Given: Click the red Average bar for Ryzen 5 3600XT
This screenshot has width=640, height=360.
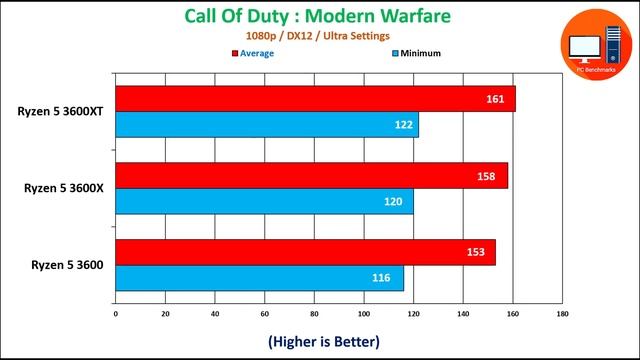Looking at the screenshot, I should [315, 99].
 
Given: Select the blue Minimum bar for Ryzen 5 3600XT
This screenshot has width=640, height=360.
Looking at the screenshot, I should [267, 125].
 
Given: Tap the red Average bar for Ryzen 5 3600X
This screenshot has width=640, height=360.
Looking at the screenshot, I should [311, 176].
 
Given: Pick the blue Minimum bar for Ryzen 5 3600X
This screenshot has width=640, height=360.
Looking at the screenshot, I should [264, 202].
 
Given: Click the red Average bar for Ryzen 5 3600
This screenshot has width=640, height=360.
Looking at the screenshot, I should [305, 253].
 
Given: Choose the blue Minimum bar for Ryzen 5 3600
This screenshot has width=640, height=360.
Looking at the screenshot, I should [259, 278].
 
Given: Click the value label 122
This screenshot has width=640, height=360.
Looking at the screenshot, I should [400, 125].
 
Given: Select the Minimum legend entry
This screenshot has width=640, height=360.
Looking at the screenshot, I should [415, 53].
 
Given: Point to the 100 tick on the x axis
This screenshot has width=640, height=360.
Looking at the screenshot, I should [364, 314].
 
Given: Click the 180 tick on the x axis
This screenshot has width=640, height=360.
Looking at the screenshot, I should [562, 314].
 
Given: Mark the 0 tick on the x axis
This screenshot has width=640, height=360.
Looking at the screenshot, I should [116, 314].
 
